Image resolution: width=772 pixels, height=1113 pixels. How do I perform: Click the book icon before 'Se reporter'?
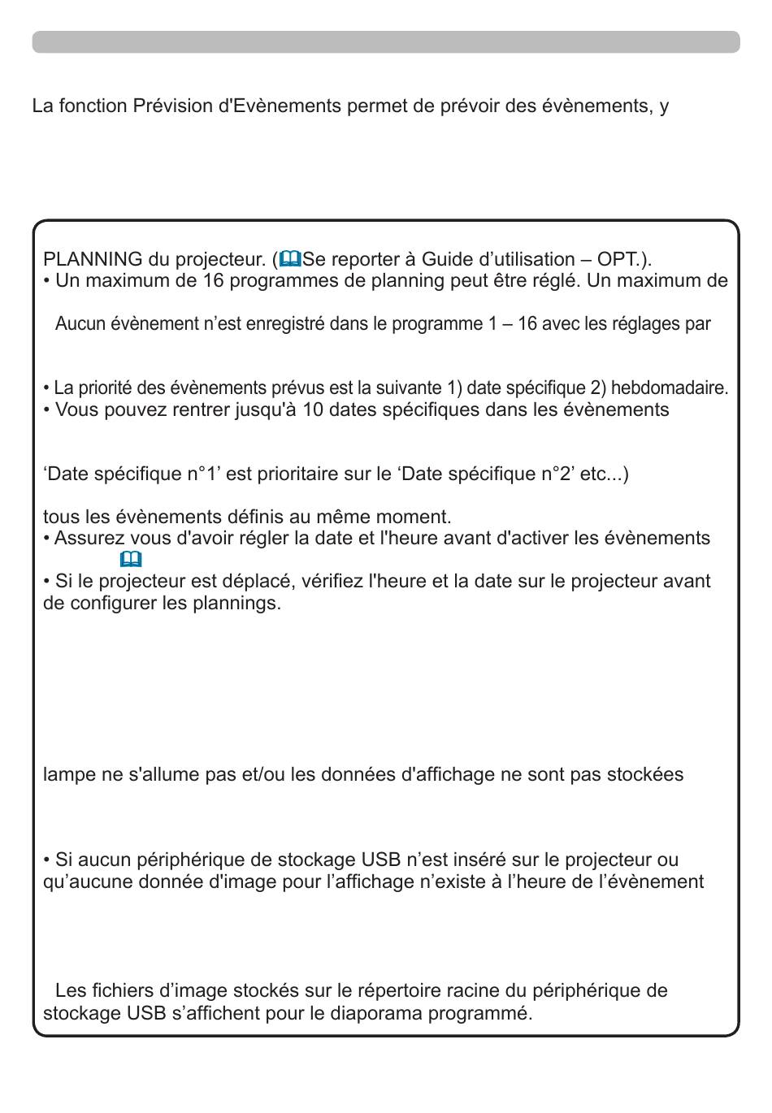click(291, 259)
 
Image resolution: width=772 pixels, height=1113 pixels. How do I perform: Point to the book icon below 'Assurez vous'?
click(131, 560)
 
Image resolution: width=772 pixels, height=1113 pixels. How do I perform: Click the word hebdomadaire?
click(669, 388)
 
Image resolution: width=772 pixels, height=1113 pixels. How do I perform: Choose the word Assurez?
click(89, 539)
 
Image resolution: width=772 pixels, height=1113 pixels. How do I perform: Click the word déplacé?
click(241, 582)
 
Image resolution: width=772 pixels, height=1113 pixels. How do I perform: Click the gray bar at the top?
click(386, 42)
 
